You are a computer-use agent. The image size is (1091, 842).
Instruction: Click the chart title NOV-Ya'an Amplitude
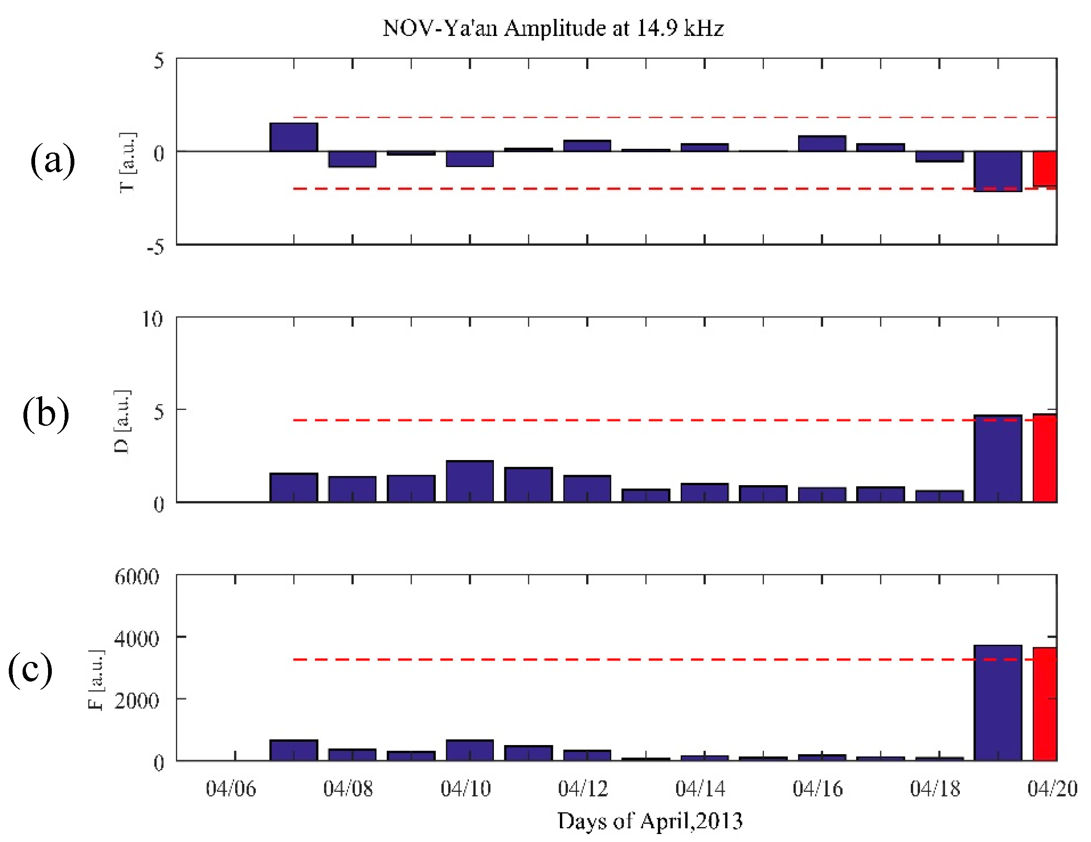pyautogui.click(x=553, y=28)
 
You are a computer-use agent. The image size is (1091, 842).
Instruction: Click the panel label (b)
pyautogui.click(x=46, y=414)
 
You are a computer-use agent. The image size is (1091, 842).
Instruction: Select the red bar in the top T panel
pyautogui.click(x=1044, y=168)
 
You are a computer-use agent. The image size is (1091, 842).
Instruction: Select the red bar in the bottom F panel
pyautogui.click(x=1044, y=705)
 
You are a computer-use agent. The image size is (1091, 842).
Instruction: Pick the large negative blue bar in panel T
pyautogui.click(x=997, y=171)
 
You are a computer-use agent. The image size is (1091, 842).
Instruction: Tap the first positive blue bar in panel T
pyautogui.click(x=294, y=137)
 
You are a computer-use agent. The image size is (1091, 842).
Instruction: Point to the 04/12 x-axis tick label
pyautogui.click(x=582, y=789)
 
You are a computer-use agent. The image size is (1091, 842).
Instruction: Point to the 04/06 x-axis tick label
pyautogui.click(x=231, y=789)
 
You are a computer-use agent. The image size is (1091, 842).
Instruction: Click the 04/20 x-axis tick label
pyautogui.click(x=1052, y=789)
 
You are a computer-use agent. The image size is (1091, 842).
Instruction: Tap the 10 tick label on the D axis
pyautogui.click(x=153, y=319)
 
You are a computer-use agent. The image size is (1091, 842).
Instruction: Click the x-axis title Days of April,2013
pyautogui.click(x=649, y=821)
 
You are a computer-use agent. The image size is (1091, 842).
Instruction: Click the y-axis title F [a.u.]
pyautogui.click(x=96, y=679)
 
